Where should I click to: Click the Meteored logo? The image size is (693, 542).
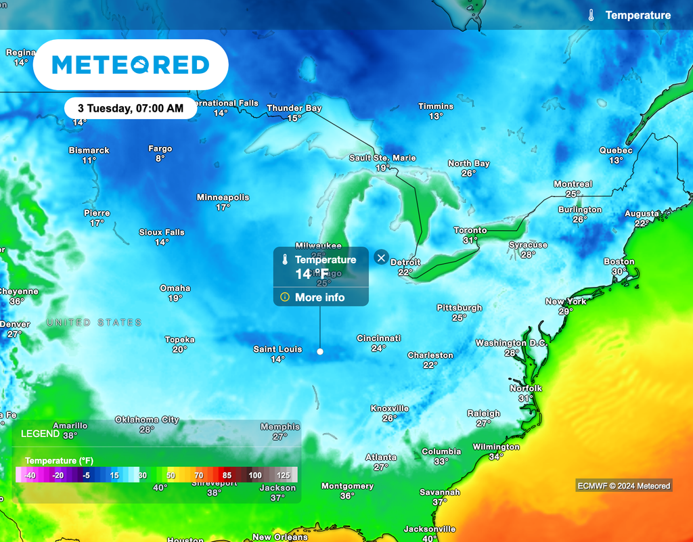131,65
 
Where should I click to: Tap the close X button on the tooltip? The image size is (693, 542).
381,257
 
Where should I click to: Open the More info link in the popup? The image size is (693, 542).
319,297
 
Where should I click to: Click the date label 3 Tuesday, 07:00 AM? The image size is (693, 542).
131,108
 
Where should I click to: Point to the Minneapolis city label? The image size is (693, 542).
223,198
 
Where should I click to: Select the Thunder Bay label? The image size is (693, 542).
294,108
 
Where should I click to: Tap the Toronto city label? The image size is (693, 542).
470,231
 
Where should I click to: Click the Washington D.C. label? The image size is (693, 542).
511,343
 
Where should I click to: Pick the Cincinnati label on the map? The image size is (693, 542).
379,338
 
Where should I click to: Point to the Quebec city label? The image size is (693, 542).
616,151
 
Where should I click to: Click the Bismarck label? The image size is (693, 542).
89,150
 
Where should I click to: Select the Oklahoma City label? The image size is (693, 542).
147,420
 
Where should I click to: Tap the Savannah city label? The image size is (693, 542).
440,493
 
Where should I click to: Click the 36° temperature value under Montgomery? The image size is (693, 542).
347,496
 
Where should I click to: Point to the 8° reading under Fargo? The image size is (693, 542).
160,158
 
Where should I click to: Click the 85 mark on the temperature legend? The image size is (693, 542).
227,476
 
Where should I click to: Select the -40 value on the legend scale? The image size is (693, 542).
30,476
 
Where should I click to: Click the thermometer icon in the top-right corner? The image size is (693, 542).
591,15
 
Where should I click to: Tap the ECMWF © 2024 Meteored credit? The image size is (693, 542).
624,485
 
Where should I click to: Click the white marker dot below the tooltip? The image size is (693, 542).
320,351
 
